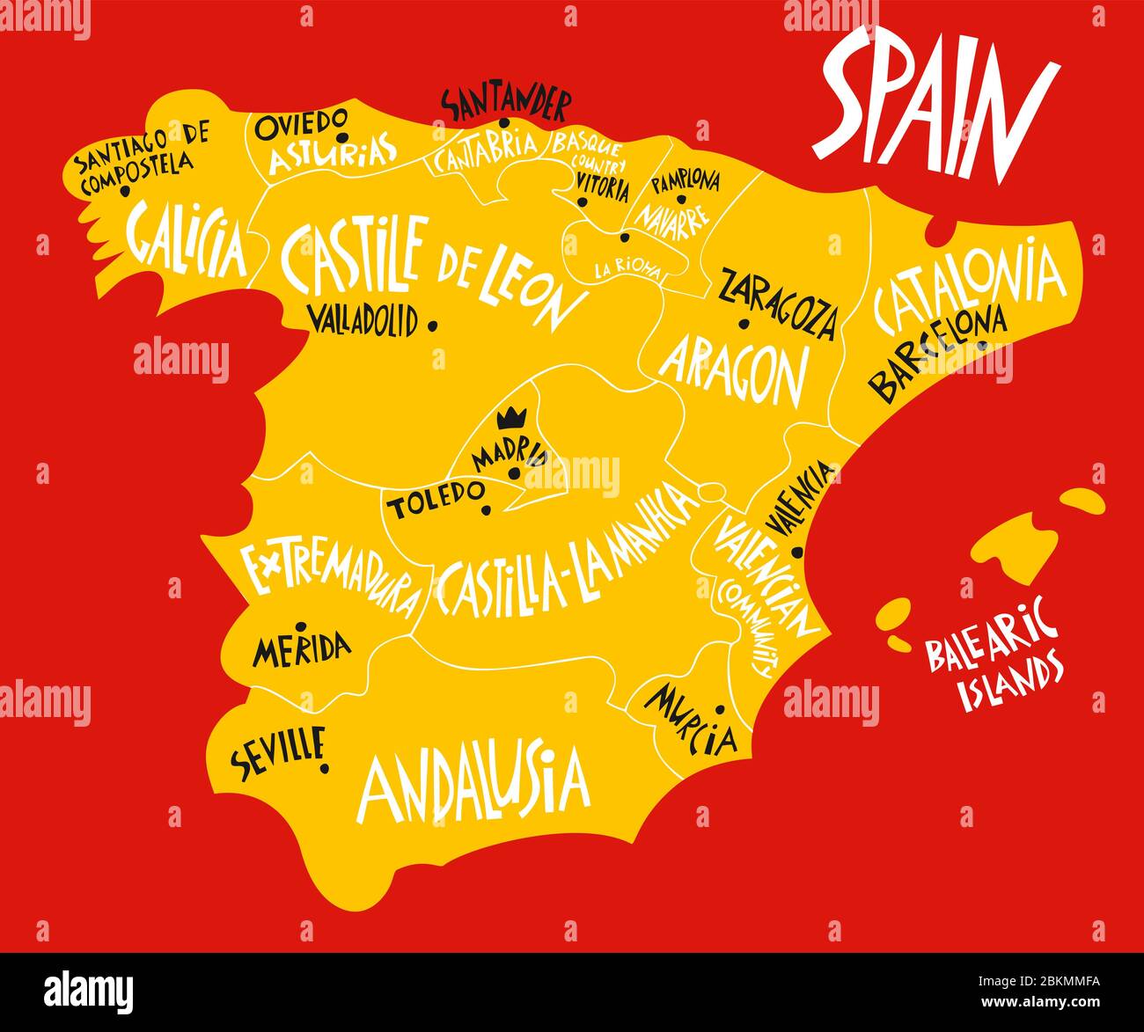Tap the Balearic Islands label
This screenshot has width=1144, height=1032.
992,652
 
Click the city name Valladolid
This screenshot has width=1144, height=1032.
363,321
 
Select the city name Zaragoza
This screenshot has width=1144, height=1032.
778,303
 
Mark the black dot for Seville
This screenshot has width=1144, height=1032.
325,768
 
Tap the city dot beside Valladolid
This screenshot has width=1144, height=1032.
432,326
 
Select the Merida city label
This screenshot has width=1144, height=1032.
301,649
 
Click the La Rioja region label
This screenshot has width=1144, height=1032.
627,269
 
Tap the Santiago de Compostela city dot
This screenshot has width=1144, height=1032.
125,190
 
